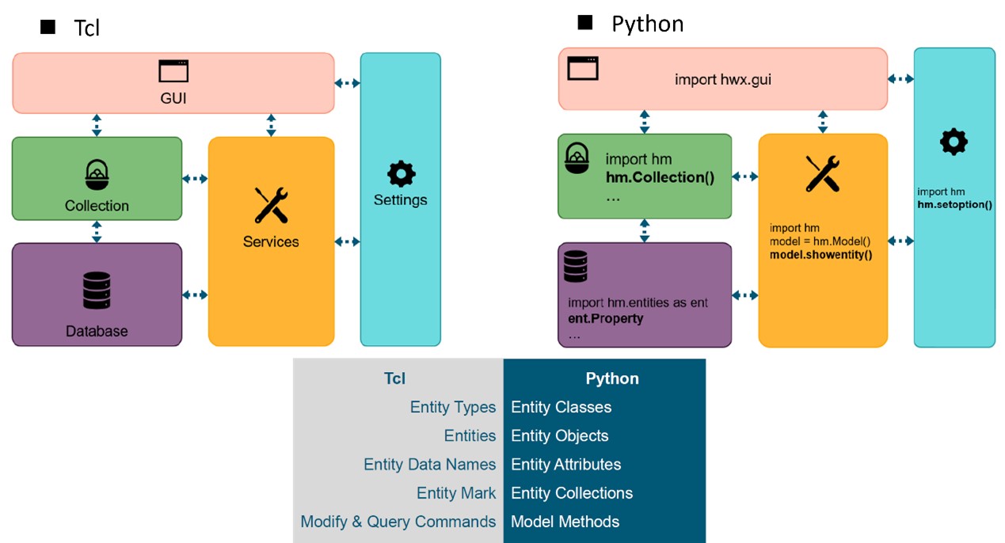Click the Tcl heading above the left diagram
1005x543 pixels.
(x=87, y=28)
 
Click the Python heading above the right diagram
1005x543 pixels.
(x=647, y=24)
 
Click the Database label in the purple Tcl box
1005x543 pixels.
(x=97, y=331)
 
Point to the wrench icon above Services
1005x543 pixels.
(x=271, y=206)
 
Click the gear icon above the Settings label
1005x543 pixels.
(x=401, y=174)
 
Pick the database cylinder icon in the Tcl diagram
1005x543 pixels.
(x=97, y=290)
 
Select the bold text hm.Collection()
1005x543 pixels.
(x=660, y=177)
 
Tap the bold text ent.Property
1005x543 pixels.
(x=606, y=318)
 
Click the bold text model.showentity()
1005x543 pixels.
(x=820, y=255)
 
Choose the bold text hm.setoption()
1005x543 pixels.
(x=954, y=204)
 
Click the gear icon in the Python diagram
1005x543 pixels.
(x=954, y=142)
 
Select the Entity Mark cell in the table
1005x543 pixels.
(x=456, y=493)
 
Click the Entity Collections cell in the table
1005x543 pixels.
(x=572, y=493)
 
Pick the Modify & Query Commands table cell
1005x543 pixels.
(x=398, y=522)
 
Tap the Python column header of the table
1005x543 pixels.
(x=611, y=378)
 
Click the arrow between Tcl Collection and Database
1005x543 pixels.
(x=97, y=231)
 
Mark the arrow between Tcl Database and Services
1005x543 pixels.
(x=195, y=295)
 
